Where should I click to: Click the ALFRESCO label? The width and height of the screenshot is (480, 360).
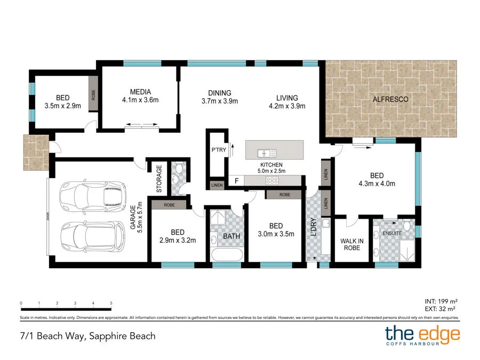(x=390, y=99)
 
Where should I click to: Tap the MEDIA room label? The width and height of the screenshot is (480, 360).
(x=140, y=92)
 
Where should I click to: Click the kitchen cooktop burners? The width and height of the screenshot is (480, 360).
(x=272, y=181)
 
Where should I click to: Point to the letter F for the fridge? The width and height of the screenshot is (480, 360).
(x=237, y=181)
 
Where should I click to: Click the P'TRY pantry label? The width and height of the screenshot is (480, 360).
(x=219, y=150)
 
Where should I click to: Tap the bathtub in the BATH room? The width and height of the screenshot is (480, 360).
(x=227, y=254)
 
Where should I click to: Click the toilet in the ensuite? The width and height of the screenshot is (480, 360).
(x=407, y=225)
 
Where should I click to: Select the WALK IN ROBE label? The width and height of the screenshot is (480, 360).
(x=352, y=244)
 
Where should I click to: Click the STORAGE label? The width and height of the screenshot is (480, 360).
(x=159, y=179)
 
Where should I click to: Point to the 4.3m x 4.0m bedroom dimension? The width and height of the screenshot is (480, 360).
(x=377, y=183)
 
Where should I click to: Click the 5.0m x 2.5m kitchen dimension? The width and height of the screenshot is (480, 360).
(x=271, y=171)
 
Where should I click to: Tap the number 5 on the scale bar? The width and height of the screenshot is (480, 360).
(x=111, y=303)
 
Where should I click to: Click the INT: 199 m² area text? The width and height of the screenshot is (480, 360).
(x=441, y=301)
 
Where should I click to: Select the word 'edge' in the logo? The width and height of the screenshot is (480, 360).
(x=439, y=334)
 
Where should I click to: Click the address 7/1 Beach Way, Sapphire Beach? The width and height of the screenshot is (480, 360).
(x=88, y=336)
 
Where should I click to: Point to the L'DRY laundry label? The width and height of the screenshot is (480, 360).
(x=314, y=227)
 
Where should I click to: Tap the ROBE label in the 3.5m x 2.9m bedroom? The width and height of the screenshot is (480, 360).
(x=93, y=95)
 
